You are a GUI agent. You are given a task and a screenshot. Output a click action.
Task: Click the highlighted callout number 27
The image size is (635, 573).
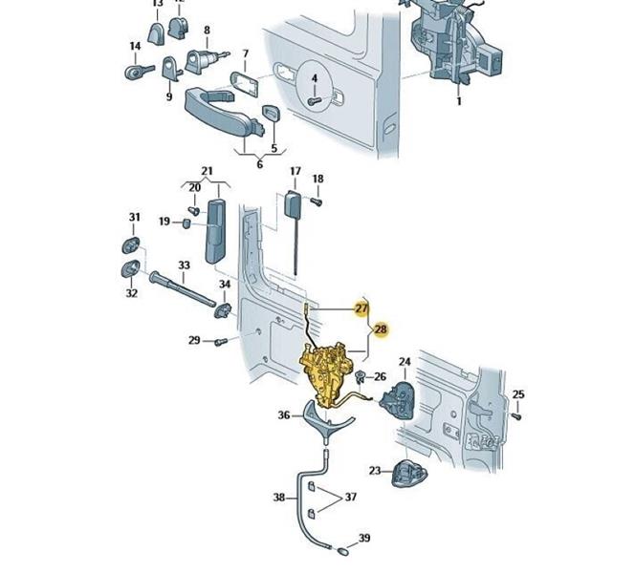361,308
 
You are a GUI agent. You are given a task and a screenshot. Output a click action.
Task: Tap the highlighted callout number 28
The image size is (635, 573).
381,329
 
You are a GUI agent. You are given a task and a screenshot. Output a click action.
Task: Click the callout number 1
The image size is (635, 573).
458,101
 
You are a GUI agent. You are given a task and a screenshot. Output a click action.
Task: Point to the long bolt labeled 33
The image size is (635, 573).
183,287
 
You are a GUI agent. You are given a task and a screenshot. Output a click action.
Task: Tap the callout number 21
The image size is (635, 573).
207,172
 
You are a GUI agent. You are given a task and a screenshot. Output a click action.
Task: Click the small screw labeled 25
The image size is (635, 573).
515,415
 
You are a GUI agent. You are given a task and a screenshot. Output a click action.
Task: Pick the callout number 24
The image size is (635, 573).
405,362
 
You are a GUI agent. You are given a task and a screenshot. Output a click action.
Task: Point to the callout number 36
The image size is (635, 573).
284,415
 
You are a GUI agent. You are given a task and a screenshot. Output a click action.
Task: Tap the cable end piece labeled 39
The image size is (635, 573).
340,549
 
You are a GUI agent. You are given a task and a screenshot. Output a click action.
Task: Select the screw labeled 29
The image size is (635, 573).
222,340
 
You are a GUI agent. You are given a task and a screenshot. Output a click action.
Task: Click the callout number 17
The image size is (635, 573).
296,172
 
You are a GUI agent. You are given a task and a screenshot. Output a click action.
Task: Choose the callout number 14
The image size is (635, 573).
135,46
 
